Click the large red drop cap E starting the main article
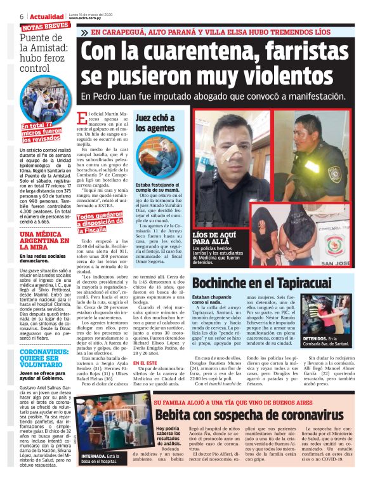tap(81, 119)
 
